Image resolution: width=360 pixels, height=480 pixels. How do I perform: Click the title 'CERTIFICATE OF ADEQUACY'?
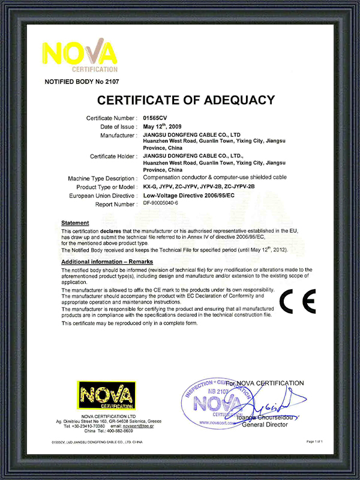186,100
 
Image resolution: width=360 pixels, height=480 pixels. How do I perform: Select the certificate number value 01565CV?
155,118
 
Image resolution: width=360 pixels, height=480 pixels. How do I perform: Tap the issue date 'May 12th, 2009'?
163,127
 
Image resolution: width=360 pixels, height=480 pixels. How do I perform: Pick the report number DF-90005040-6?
165,204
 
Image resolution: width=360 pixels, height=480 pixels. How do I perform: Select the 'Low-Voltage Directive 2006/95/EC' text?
190,196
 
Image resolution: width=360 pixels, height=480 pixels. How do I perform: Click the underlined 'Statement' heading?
75,223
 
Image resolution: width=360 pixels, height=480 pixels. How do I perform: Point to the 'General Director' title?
265,425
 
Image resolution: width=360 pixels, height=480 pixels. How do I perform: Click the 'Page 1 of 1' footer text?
314,442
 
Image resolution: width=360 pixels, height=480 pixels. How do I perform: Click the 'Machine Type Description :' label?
103,178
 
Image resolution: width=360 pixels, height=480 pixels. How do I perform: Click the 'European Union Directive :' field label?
103,196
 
